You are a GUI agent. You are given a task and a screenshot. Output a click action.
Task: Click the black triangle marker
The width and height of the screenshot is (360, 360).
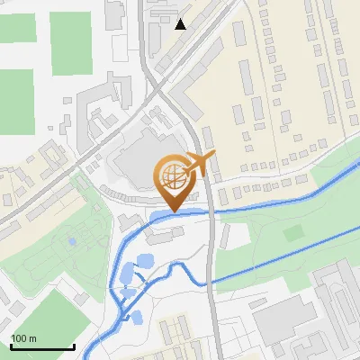pyautogui.click(x=181, y=24)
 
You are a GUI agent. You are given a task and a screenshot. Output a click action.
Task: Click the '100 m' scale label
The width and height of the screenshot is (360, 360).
pyautogui.click(x=23, y=338)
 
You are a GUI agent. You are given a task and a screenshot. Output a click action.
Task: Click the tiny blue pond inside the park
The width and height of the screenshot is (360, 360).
pyautogui.click(x=71, y=241)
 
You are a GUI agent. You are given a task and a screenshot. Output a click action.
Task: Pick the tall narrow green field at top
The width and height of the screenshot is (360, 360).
pyautogui.click(x=70, y=43)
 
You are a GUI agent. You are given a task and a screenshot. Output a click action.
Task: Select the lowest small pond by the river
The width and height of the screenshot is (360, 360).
pyautogui.click(x=138, y=317)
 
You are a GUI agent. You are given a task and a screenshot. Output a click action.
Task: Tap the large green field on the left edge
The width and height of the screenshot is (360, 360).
pyautogui.click(x=15, y=99)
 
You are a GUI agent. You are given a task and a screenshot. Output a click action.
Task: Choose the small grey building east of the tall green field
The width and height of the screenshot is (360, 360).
pyautogui.click(x=114, y=13)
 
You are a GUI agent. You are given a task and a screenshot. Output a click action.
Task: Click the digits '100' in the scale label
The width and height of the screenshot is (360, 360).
pyautogui.click(x=19, y=338)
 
